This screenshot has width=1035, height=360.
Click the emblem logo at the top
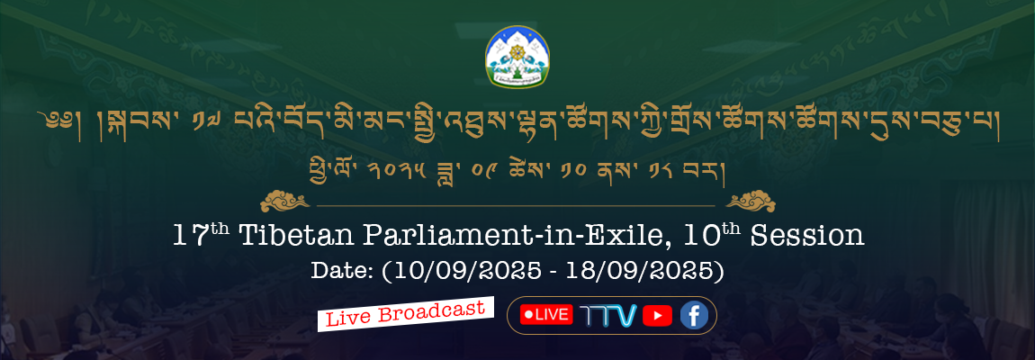(517, 57)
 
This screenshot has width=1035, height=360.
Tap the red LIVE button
(546, 315)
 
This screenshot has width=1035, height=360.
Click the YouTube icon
(657, 316)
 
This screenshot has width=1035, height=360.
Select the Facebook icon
(694, 316)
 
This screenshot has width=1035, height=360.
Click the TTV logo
(607, 316)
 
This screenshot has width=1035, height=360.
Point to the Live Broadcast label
(406, 314)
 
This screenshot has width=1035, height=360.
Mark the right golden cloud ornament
(751, 200)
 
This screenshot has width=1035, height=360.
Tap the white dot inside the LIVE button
(529, 315)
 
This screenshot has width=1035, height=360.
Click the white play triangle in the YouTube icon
(657, 316)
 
